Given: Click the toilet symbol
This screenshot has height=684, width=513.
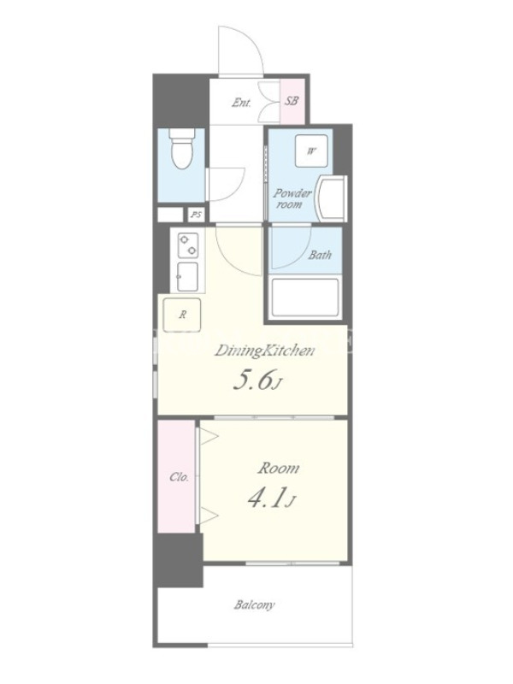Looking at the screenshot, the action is [x=181, y=148].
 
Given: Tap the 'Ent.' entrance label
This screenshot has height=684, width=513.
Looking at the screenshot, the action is [x=241, y=103].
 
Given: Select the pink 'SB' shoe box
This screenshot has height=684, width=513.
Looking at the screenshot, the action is [x=292, y=101].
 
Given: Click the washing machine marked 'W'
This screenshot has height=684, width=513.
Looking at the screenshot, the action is [x=311, y=151].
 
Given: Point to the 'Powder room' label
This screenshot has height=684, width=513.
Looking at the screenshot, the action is [x=292, y=198].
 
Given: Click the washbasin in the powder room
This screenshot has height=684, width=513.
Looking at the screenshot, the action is [x=333, y=198].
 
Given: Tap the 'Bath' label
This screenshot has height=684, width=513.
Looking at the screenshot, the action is [x=320, y=254].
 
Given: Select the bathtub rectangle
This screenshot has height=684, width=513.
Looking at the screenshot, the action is [x=304, y=298].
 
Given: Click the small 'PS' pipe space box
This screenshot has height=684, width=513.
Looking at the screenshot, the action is [x=197, y=215].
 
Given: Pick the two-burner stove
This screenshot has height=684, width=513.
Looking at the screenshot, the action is [x=188, y=245].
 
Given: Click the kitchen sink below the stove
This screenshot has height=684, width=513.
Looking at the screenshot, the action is [x=187, y=276].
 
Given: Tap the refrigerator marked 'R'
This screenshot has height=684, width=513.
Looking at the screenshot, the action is [x=182, y=315].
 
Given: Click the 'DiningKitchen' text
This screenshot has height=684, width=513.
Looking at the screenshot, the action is [x=264, y=351].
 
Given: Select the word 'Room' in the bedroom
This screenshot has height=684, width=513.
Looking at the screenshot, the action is [x=279, y=469].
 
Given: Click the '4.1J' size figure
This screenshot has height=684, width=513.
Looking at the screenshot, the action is [x=271, y=498].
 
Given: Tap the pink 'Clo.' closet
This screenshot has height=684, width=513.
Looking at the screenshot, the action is [x=176, y=476].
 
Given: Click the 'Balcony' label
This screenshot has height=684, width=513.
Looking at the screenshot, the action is [x=254, y=605].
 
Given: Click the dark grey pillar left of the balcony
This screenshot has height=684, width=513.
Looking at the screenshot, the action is [x=180, y=560].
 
